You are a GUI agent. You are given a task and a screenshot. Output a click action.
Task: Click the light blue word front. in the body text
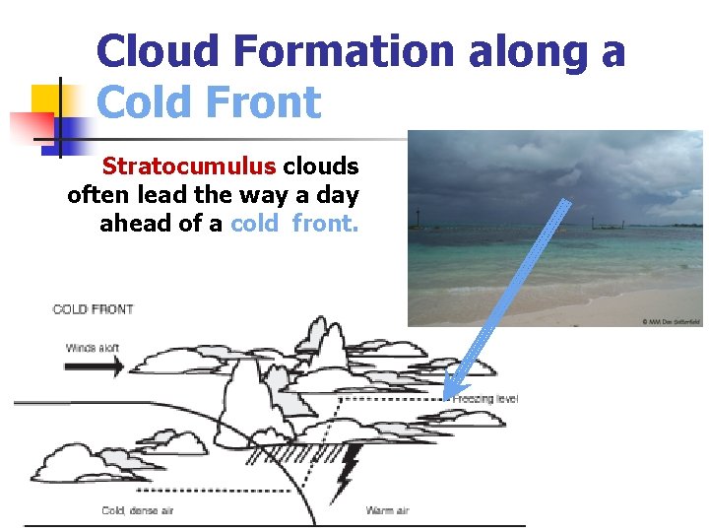326,224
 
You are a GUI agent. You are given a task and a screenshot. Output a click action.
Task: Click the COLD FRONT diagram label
93,309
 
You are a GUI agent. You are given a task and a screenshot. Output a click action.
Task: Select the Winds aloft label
94,348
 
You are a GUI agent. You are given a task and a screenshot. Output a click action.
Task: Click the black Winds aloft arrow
95,366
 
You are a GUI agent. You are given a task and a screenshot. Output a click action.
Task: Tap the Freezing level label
486,399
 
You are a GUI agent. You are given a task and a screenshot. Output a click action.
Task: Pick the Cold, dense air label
138,510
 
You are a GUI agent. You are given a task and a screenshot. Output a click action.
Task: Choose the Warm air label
387,510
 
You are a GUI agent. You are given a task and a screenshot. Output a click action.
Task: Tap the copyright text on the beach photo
672,321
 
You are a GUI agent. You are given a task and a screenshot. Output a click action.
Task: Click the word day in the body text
336,195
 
